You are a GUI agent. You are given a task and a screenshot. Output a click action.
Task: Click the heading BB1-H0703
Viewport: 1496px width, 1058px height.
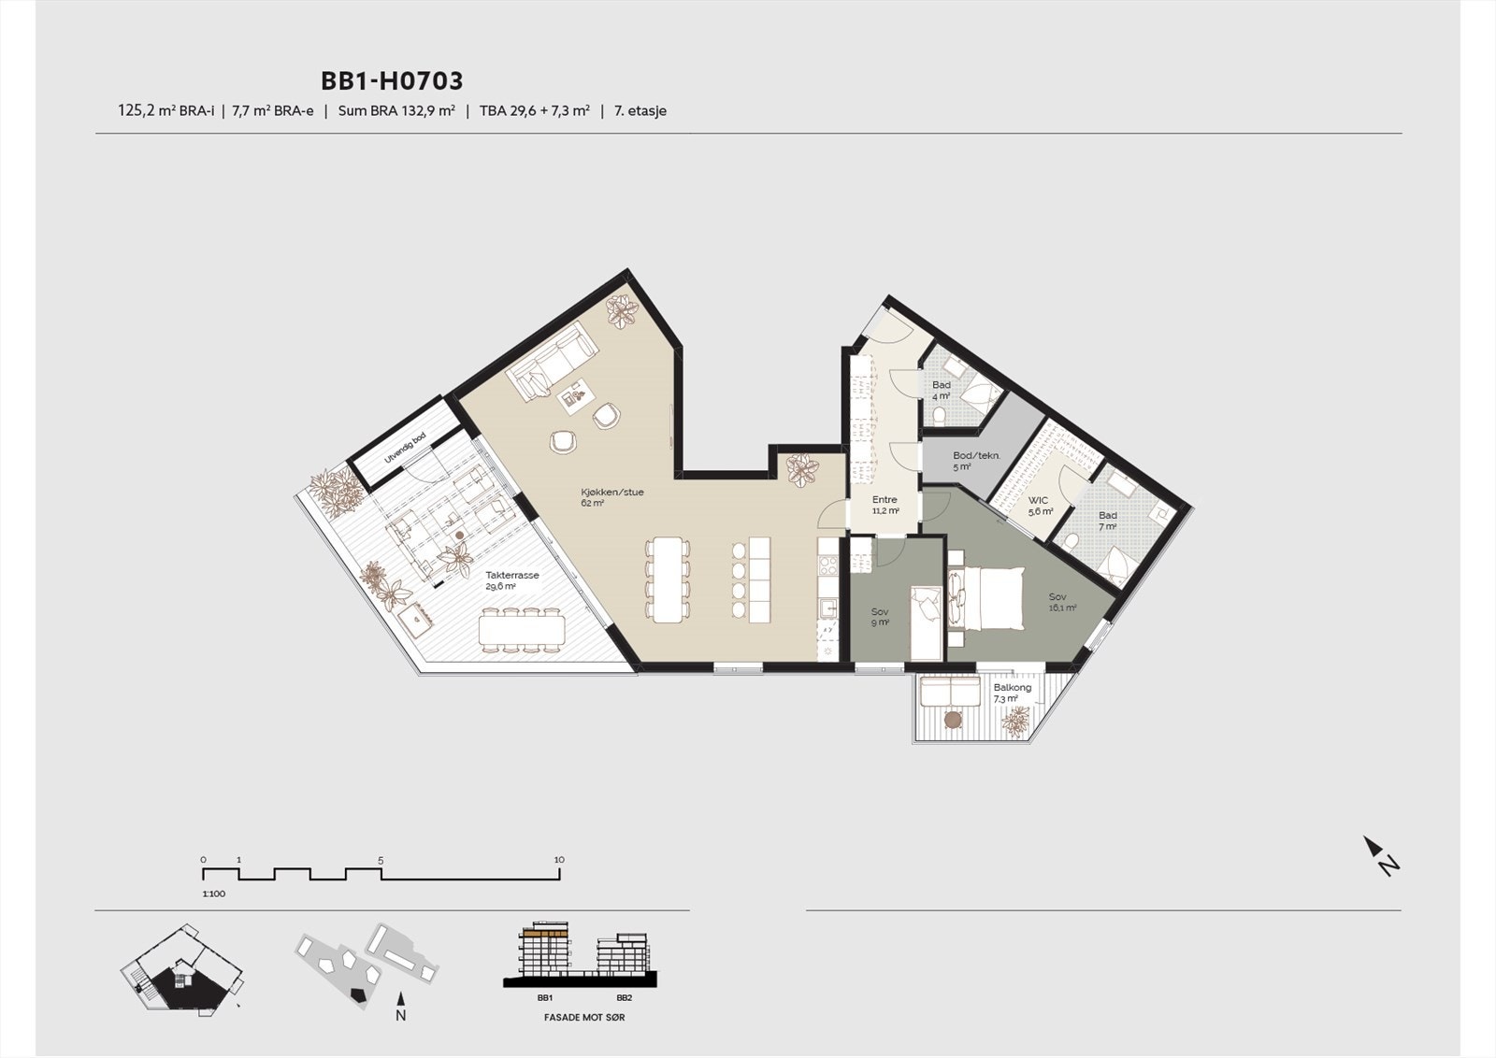click(392, 81)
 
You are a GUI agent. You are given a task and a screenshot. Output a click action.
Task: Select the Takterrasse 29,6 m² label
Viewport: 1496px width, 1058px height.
click(511, 581)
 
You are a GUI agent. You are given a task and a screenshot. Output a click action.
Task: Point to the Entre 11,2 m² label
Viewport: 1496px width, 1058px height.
click(885, 506)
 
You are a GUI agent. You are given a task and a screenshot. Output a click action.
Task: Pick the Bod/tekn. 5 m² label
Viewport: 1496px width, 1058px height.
click(975, 461)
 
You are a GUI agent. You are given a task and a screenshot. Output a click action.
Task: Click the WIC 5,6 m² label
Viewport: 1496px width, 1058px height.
click(1039, 506)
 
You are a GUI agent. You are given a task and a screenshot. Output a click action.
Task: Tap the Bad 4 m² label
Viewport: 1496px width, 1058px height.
click(941, 390)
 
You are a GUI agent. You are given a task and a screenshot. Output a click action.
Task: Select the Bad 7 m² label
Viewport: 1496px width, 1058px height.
click(1107, 521)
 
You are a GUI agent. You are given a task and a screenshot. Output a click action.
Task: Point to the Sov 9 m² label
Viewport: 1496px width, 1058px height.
click(879, 617)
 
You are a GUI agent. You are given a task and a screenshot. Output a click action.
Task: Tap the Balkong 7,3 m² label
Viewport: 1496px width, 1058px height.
click(1012, 693)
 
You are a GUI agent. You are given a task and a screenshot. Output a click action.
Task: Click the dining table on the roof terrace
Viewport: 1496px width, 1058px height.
click(522, 631)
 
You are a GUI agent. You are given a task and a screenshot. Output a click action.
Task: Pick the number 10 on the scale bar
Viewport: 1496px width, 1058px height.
click(559, 860)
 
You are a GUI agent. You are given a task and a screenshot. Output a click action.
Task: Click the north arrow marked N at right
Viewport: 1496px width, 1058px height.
click(1381, 855)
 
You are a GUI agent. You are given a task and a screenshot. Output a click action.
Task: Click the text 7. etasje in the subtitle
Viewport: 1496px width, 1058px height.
click(640, 111)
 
